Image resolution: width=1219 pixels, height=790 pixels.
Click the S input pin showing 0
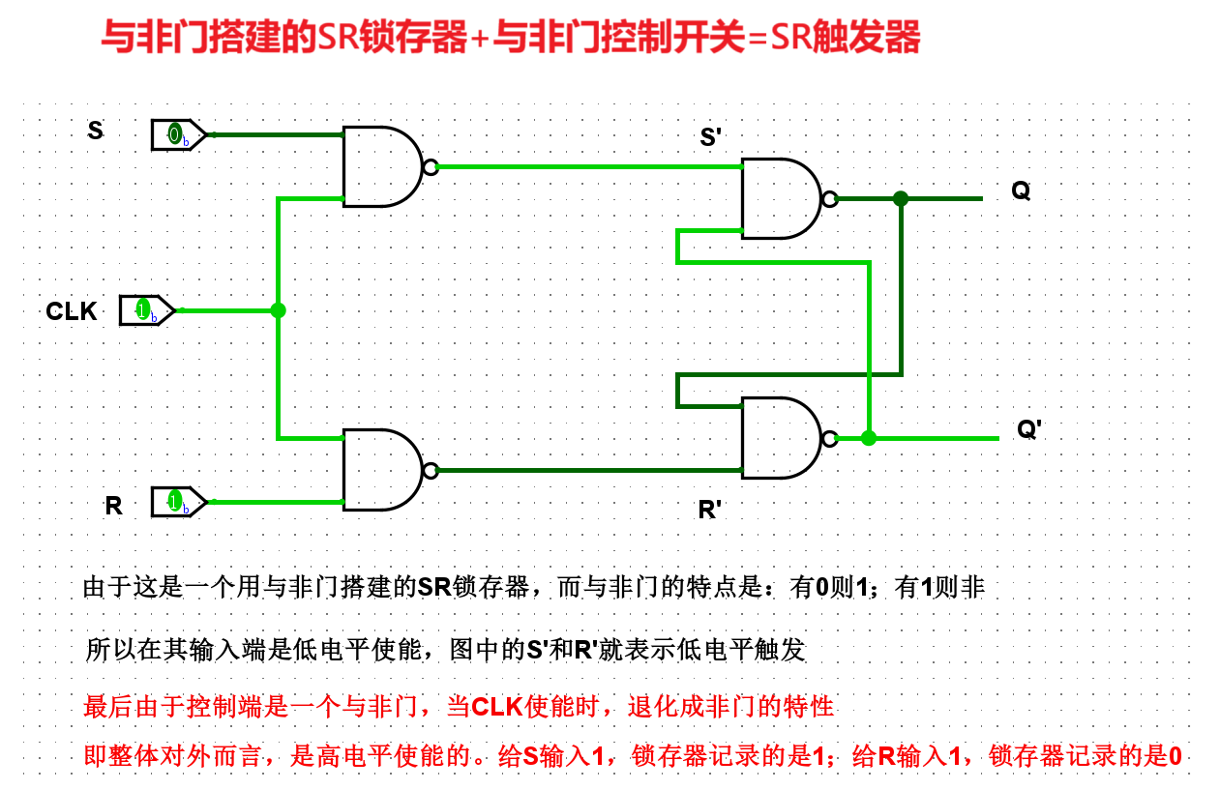[177, 134]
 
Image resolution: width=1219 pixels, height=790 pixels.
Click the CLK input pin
[146, 310]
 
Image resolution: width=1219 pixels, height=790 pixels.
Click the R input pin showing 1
[177, 501]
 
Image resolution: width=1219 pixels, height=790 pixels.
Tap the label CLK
[72, 311]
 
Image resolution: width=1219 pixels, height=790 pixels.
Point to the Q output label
[1021, 190]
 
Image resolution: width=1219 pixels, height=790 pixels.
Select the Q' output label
[1028, 429]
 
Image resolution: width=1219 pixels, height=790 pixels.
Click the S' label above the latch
[711, 137]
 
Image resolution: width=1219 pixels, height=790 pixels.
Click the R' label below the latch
[710, 510]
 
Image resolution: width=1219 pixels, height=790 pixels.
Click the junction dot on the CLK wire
[278, 310]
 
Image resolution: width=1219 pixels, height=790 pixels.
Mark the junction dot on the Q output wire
[901, 198]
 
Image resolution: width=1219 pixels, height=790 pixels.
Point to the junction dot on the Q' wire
[869, 438]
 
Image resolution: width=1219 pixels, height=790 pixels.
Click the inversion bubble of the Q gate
[829, 199]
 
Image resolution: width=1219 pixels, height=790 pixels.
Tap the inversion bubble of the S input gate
[431, 166]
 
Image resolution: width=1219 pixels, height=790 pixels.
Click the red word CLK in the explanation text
[496, 707]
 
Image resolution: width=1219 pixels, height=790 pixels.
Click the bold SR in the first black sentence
[434, 587]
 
